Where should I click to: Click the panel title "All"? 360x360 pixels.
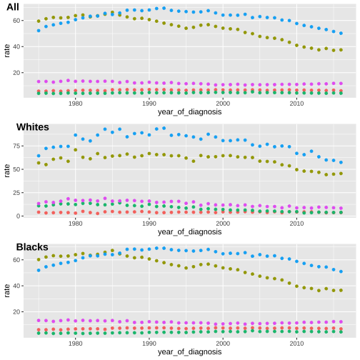[x=13, y=7]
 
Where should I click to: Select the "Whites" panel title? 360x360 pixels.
[x=33, y=127]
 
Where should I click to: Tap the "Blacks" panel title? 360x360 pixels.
[x=32, y=247]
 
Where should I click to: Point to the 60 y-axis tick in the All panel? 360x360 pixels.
[x=16, y=21]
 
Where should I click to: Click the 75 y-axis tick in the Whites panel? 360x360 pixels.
[x=16, y=146]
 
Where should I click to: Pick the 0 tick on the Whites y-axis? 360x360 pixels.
[x=19, y=216]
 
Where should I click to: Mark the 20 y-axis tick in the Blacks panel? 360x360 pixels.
[x=16, y=312]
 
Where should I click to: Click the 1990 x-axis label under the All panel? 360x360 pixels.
[x=149, y=104]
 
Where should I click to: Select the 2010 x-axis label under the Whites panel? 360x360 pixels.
[x=296, y=224]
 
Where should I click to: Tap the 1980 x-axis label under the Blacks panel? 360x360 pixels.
[x=76, y=344]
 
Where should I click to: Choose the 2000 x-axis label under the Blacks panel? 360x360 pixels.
[x=223, y=344]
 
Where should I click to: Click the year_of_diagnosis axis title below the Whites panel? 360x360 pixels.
[x=189, y=232]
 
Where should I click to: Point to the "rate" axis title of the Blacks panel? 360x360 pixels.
[x=7, y=291]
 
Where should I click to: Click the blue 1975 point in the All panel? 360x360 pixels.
[x=39, y=31]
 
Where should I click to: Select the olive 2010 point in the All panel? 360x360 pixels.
[x=296, y=45]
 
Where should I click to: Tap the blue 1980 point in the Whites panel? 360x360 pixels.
[x=76, y=135]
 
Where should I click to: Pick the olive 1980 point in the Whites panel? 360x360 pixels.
[x=76, y=150]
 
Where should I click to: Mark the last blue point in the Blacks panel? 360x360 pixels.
[x=341, y=271]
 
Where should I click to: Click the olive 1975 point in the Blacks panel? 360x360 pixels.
[x=39, y=259]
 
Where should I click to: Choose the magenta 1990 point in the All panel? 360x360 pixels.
[x=149, y=82]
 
